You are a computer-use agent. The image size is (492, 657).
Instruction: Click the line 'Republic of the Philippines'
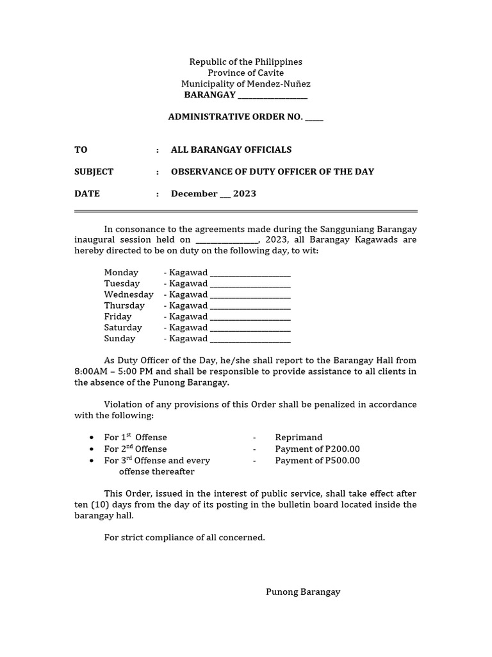[245, 62]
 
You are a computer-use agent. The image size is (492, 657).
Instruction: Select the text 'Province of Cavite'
[245, 73]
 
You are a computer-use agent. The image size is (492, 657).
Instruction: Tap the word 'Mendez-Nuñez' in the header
[283, 84]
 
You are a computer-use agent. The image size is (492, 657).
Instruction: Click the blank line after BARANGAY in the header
[272, 96]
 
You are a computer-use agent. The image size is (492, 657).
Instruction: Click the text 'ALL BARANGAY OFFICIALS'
[231, 149]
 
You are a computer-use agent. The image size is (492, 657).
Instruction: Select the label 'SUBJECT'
[94, 171]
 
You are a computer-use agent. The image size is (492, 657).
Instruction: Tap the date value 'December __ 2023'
[213, 194]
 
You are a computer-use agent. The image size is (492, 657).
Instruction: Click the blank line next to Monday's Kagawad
[250, 273]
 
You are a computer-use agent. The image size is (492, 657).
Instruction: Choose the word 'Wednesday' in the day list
[129, 294]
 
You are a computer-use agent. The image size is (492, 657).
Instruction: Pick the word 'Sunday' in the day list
[120, 338]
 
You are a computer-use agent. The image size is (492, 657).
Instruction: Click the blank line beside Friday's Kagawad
[250, 316]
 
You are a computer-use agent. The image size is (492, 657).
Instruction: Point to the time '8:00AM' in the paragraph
[90, 371]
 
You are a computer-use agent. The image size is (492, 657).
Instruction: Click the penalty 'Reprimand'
[299, 438]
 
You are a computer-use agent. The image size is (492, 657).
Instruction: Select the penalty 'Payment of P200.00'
[317, 449]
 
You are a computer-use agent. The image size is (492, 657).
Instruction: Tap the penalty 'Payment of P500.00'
[317, 461]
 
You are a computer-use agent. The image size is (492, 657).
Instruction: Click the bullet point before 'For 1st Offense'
[92, 438]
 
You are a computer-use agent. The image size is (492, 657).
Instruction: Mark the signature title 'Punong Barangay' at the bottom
[303, 592]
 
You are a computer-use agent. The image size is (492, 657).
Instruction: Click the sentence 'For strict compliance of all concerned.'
[184, 537]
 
